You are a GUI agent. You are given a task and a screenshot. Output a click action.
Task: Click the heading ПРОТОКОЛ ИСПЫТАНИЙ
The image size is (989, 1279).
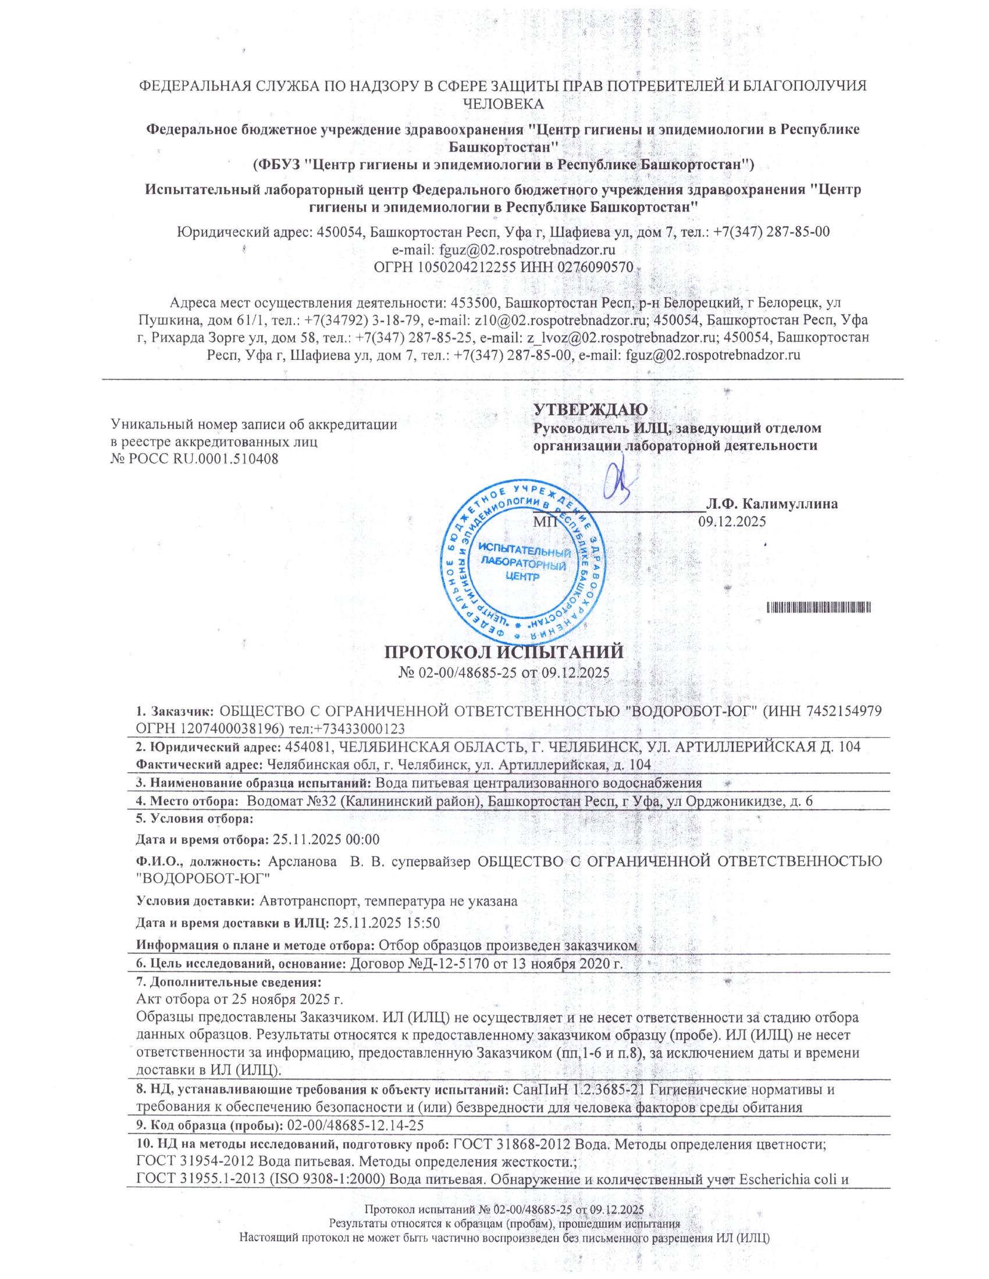coord(502,651)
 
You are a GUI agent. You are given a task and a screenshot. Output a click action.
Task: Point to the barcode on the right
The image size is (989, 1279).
coord(819,608)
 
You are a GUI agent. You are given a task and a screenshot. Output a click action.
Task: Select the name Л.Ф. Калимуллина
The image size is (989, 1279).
coord(771,504)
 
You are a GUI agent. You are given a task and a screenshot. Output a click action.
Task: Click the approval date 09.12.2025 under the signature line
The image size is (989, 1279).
coord(732,522)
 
